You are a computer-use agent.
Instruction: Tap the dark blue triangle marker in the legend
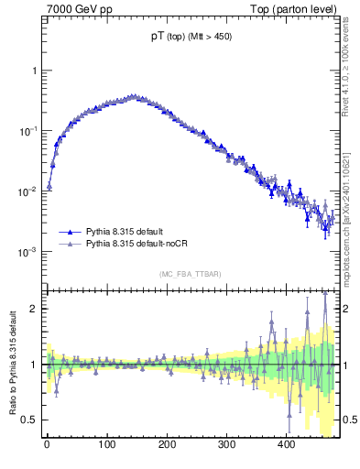click(71, 233)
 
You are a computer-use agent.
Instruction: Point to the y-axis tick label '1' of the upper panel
click(34, 71)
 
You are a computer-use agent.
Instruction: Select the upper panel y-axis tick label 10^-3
click(29, 251)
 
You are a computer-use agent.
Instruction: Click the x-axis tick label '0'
click(47, 445)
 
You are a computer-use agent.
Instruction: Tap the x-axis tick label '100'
click(106, 445)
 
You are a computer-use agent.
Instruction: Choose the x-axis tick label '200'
click(167, 445)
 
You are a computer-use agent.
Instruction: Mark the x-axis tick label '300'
click(226, 445)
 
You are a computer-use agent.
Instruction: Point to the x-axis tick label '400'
click(286, 445)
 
